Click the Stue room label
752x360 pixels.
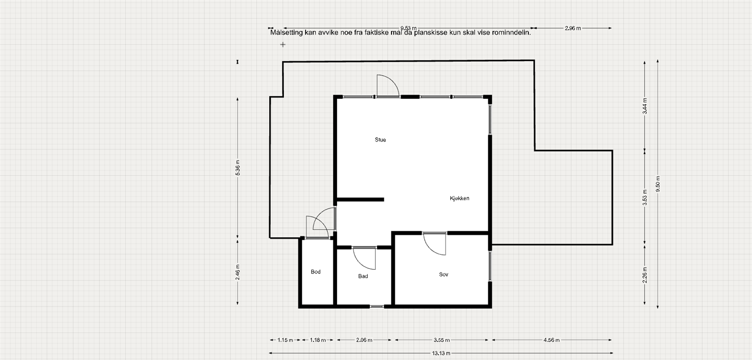(x=380, y=140)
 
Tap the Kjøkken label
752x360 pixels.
(x=459, y=198)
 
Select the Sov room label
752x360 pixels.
(x=443, y=274)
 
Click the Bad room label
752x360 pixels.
(x=363, y=276)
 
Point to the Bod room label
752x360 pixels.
(x=315, y=272)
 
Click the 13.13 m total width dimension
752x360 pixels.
(x=441, y=353)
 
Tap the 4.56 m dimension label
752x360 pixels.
(x=551, y=340)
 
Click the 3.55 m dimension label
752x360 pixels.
(x=441, y=340)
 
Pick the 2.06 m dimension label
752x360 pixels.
(x=364, y=340)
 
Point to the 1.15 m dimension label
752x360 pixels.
(x=285, y=340)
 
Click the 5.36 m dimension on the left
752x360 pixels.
(x=238, y=168)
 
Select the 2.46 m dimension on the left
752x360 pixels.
(x=238, y=272)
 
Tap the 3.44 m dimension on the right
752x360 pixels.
(x=645, y=106)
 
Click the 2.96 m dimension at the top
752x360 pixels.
(x=572, y=28)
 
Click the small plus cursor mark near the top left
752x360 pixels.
(x=283, y=45)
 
